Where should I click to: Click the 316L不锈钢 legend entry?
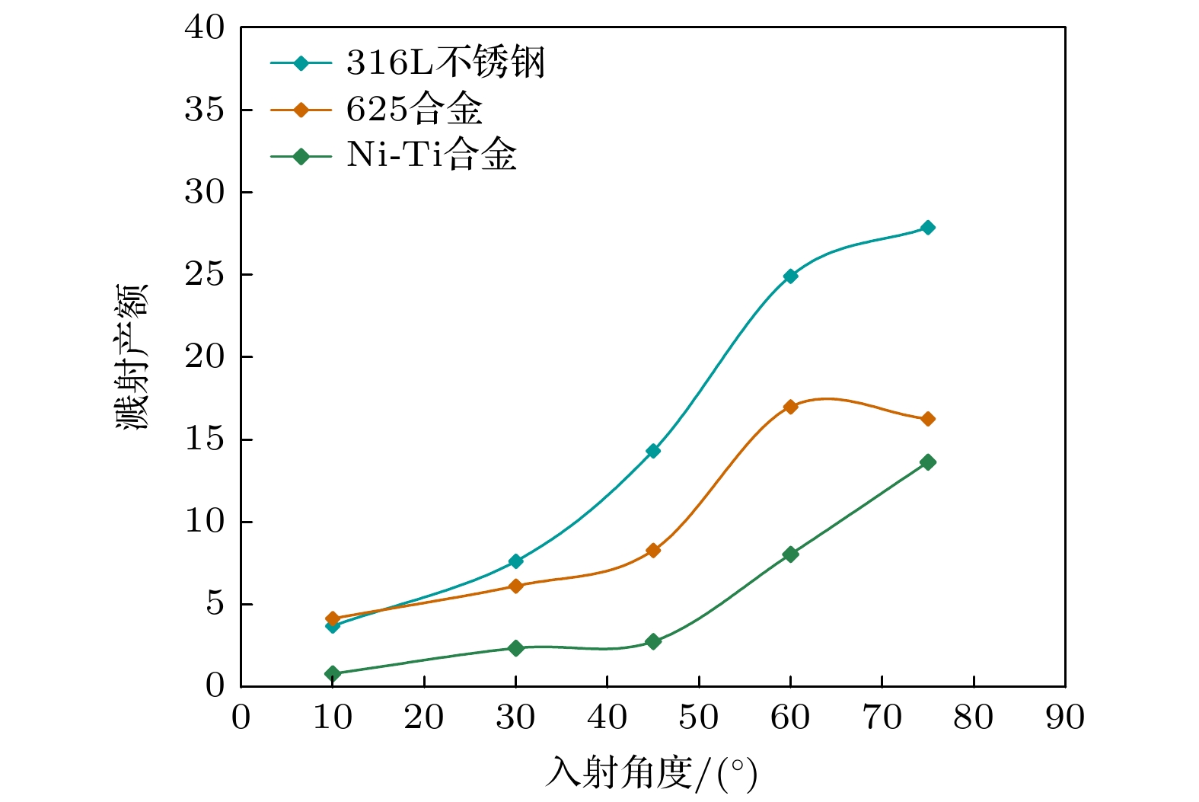(x=445, y=62)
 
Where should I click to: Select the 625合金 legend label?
(x=414, y=110)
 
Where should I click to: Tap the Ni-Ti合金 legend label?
(x=432, y=156)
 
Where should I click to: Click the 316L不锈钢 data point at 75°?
(x=927, y=228)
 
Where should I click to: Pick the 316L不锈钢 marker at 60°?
(x=790, y=276)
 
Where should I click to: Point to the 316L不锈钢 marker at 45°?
(x=653, y=451)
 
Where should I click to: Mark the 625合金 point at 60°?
(x=790, y=407)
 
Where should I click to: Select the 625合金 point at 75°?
(x=927, y=419)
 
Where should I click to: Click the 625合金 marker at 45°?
(x=653, y=550)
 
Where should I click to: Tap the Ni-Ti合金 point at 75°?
(x=927, y=462)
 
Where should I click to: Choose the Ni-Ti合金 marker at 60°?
(x=790, y=554)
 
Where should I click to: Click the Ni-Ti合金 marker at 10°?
(x=332, y=673)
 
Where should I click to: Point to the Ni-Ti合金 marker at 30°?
(x=515, y=648)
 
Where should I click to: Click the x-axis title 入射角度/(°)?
(x=652, y=774)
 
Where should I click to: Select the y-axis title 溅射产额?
(x=132, y=356)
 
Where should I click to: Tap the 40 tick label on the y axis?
(x=205, y=28)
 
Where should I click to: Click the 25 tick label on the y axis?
(x=205, y=274)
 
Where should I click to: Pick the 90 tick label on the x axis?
(x=1064, y=718)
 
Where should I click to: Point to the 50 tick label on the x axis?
(x=698, y=718)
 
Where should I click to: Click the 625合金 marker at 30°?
(x=515, y=586)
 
